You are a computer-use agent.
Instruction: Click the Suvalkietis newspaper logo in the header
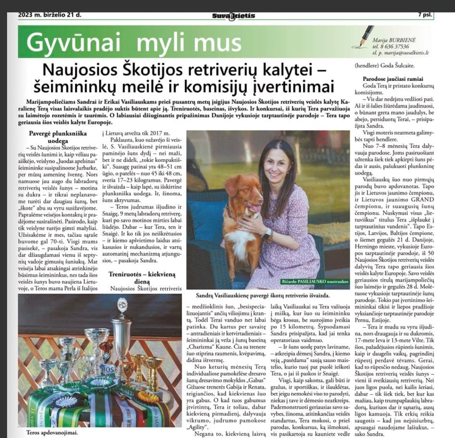coord(233,15)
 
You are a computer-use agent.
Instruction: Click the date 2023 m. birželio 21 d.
coord(50,15)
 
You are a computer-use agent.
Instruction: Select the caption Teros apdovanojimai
coord(41,432)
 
